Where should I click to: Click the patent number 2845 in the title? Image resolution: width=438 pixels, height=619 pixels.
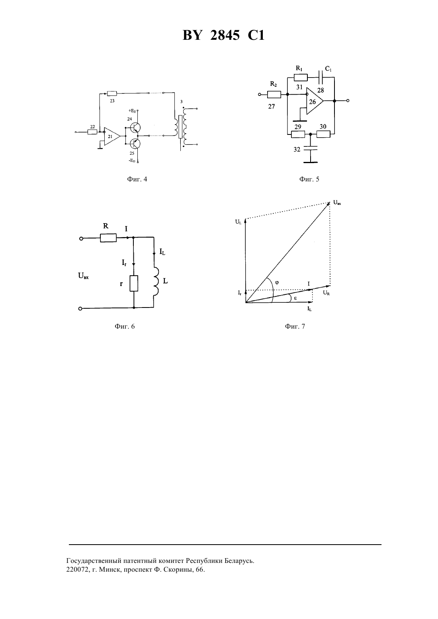(x=225, y=35)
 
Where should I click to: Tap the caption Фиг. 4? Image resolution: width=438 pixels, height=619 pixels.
(x=137, y=179)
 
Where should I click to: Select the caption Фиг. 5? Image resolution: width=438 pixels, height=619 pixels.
(x=309, y=179)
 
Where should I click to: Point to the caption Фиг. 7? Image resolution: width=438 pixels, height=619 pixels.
(x=295, y=326)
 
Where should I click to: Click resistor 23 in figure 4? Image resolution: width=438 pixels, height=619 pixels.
(x=112, y=93)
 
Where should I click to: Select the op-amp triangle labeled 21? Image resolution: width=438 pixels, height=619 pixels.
(x=112, y=136)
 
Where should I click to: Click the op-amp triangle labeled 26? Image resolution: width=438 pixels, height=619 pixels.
(x=315, y=101)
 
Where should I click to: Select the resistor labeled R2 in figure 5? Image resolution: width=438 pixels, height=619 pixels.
(x=274, y=95)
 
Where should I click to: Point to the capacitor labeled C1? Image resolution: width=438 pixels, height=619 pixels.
(x=321, y=77)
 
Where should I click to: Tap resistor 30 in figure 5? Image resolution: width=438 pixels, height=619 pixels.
(x=323, y=134)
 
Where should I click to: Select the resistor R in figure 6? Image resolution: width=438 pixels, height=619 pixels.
(x=108, y=237)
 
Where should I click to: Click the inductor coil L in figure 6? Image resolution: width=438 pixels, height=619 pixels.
(x=156, y=282)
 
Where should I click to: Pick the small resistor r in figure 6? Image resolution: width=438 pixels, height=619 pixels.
(x=134, y=283)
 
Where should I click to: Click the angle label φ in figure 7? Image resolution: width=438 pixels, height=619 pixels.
(x=277, y=283)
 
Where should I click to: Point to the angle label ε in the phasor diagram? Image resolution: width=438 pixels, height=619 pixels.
(x=295, y=298)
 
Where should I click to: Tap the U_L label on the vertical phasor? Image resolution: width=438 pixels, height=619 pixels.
(x=239, y=222)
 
